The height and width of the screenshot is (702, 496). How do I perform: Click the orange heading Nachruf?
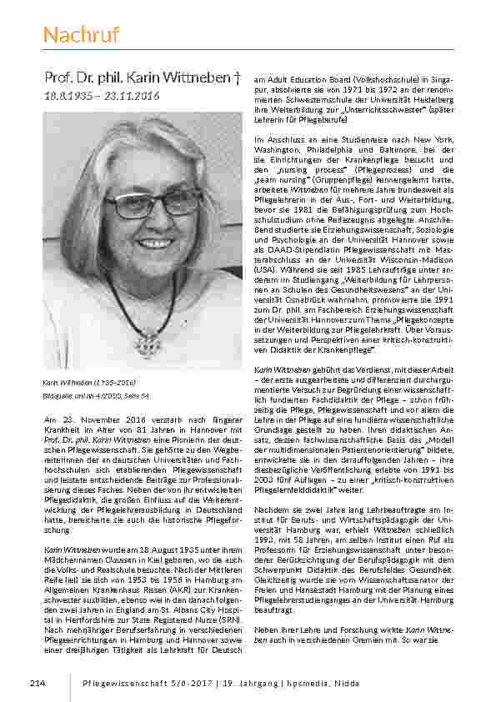pyautogui.click(x=81, y=35)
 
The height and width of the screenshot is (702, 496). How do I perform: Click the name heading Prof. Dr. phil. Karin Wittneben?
pyautogui.click(x=137, y=78)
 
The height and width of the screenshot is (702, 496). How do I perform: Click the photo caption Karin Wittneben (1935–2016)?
pyautogui.click(x=89, y=382)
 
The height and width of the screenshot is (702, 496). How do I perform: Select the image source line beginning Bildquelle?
pyautogui.click(x=96, y=394)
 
